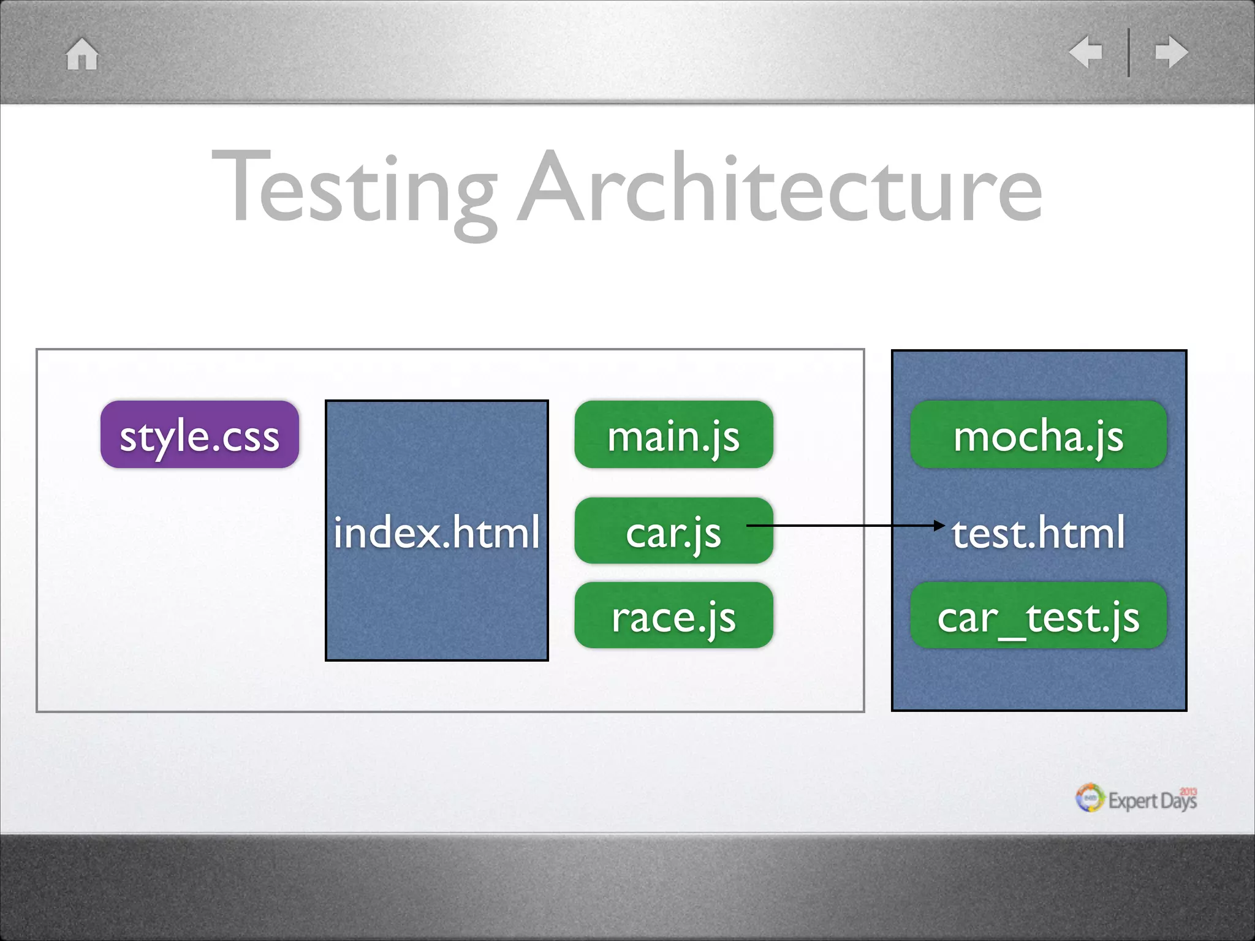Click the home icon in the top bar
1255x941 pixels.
[82, 55]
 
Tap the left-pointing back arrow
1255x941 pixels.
[1086, 52]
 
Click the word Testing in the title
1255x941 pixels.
[354, 190]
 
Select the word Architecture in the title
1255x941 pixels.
[779, 187]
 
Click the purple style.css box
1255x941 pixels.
[200, 435]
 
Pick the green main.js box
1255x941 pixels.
[673, 435]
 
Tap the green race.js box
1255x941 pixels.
[673, 616]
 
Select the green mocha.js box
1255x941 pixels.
[1038, 435]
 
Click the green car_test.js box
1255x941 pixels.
[1038, 616]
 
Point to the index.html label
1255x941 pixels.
[436, 532]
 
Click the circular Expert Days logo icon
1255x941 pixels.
[1090, 798]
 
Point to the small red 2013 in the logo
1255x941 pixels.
[1188, 792]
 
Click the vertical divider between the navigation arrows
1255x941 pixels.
[1129, 53]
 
